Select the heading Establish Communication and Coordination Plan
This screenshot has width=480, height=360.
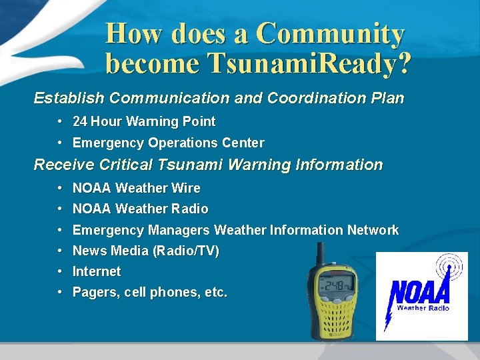click(x=219, y=98)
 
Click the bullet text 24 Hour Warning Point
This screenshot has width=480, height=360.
click(x=143, y=121)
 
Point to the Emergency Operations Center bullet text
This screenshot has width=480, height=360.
click(x=168, y=143)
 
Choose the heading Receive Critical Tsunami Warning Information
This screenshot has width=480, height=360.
click(x=208, y=165)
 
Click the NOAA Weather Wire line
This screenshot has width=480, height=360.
click(x=136, y=188)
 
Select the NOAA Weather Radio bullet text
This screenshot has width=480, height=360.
click(x=140, y=209)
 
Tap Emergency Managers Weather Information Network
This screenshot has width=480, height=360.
click(x=235, y=230)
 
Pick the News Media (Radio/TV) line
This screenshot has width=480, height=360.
click(x=145, y=251)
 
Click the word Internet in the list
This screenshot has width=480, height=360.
click(x=97, y=271)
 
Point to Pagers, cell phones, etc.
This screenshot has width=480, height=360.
click(x=149, y=292)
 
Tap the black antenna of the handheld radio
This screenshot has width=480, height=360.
click(x=320, y=254)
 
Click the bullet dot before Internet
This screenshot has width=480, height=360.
click(x=60, y=271)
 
